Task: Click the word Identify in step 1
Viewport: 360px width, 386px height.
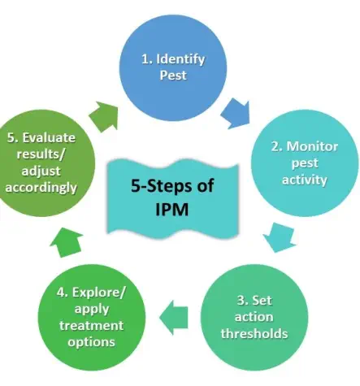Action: pos(180,59)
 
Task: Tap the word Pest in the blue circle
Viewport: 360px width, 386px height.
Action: pos(173,76)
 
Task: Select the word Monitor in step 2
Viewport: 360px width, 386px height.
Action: pos(312,146)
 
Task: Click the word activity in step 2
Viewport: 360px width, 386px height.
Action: pos(305,180)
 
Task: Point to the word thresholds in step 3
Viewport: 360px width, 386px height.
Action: pos(254,333)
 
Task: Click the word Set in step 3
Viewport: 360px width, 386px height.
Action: pos(262,301)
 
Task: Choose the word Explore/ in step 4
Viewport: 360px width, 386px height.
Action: pos(99,293)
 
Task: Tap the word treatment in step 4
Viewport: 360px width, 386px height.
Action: pos(92,326)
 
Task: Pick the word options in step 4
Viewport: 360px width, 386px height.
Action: pos(92,342)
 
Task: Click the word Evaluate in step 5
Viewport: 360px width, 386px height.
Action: pos(49,137)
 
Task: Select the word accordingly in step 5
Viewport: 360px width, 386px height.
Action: pos(41,188)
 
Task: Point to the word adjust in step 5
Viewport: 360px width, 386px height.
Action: pos(41,171)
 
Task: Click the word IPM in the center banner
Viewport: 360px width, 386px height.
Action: pos(172,210)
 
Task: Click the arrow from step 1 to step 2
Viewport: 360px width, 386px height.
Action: pos(236,114)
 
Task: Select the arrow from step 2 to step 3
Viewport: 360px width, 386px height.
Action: pos(280,237)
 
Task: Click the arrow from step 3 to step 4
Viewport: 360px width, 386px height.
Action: pos(174,318)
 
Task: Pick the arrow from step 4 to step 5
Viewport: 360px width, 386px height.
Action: pos(67,242)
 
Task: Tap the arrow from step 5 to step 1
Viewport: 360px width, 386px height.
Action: pos(104,117)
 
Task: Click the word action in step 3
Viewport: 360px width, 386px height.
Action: pos(254,317)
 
